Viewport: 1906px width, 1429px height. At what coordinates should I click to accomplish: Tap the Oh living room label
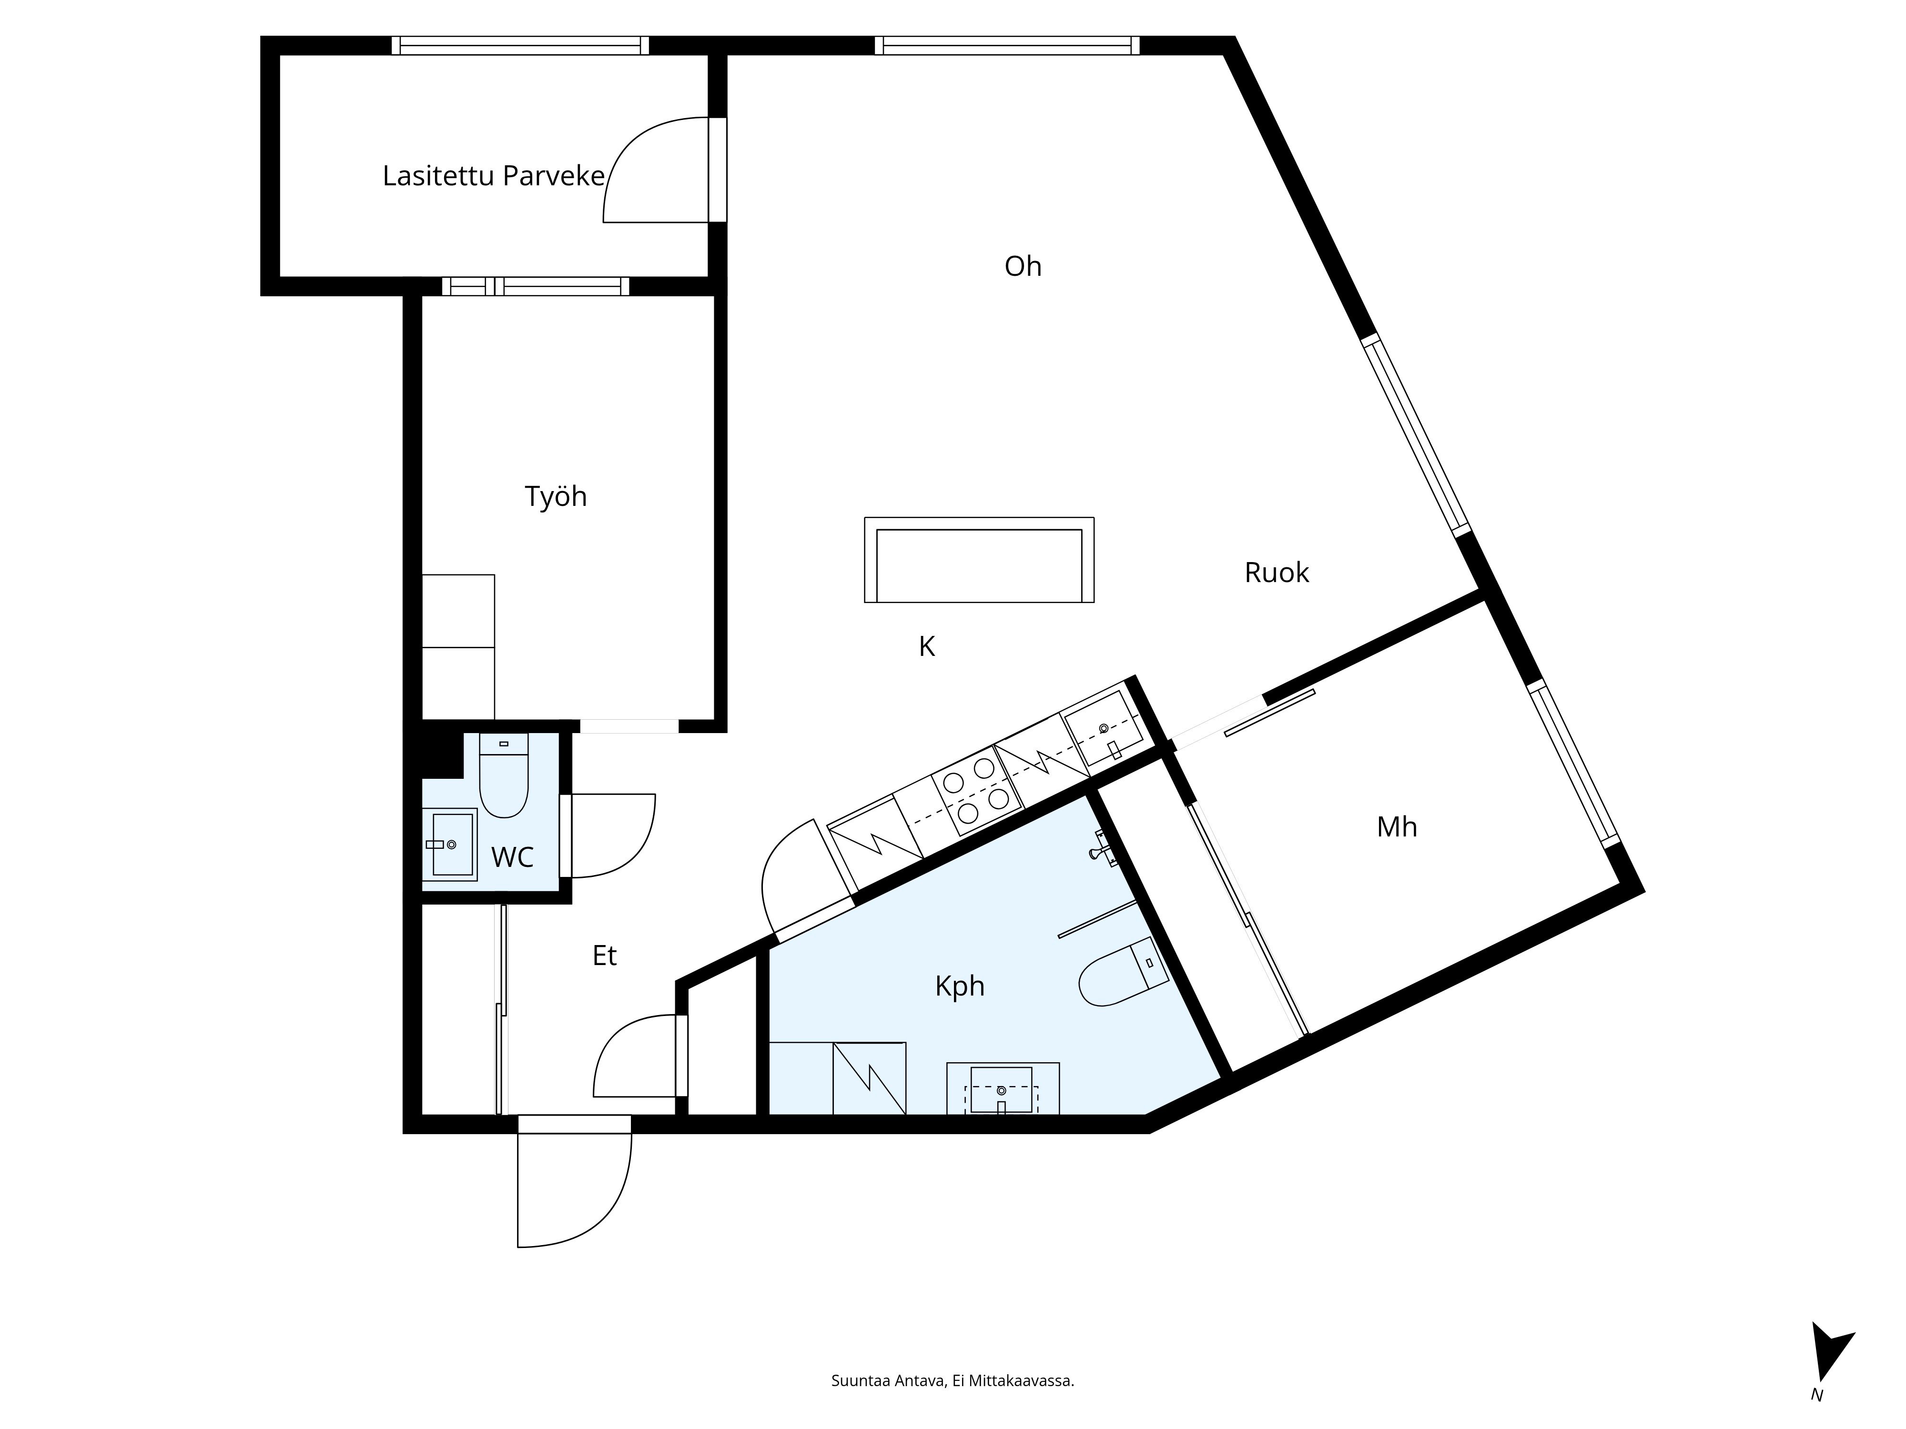click(1023, 266)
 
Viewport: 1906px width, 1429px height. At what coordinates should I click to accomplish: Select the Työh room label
click(556, 497)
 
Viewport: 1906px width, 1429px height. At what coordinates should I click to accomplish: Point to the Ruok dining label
click(1276, 573)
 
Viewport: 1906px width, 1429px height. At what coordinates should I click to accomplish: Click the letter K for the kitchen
click(926, 646)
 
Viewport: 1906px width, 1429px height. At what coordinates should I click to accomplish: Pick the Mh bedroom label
click(1397, 827)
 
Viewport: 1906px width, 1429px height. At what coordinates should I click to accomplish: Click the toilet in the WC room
click(503, 775)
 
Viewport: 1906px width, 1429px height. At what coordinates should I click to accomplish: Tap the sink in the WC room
click(450, 844)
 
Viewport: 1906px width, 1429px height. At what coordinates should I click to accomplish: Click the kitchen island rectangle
click(979, 560)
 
